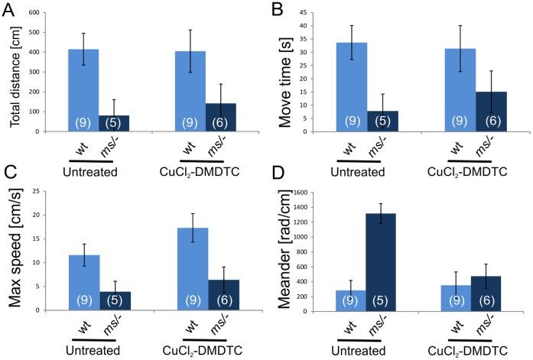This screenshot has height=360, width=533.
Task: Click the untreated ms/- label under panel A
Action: [108, 144]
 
